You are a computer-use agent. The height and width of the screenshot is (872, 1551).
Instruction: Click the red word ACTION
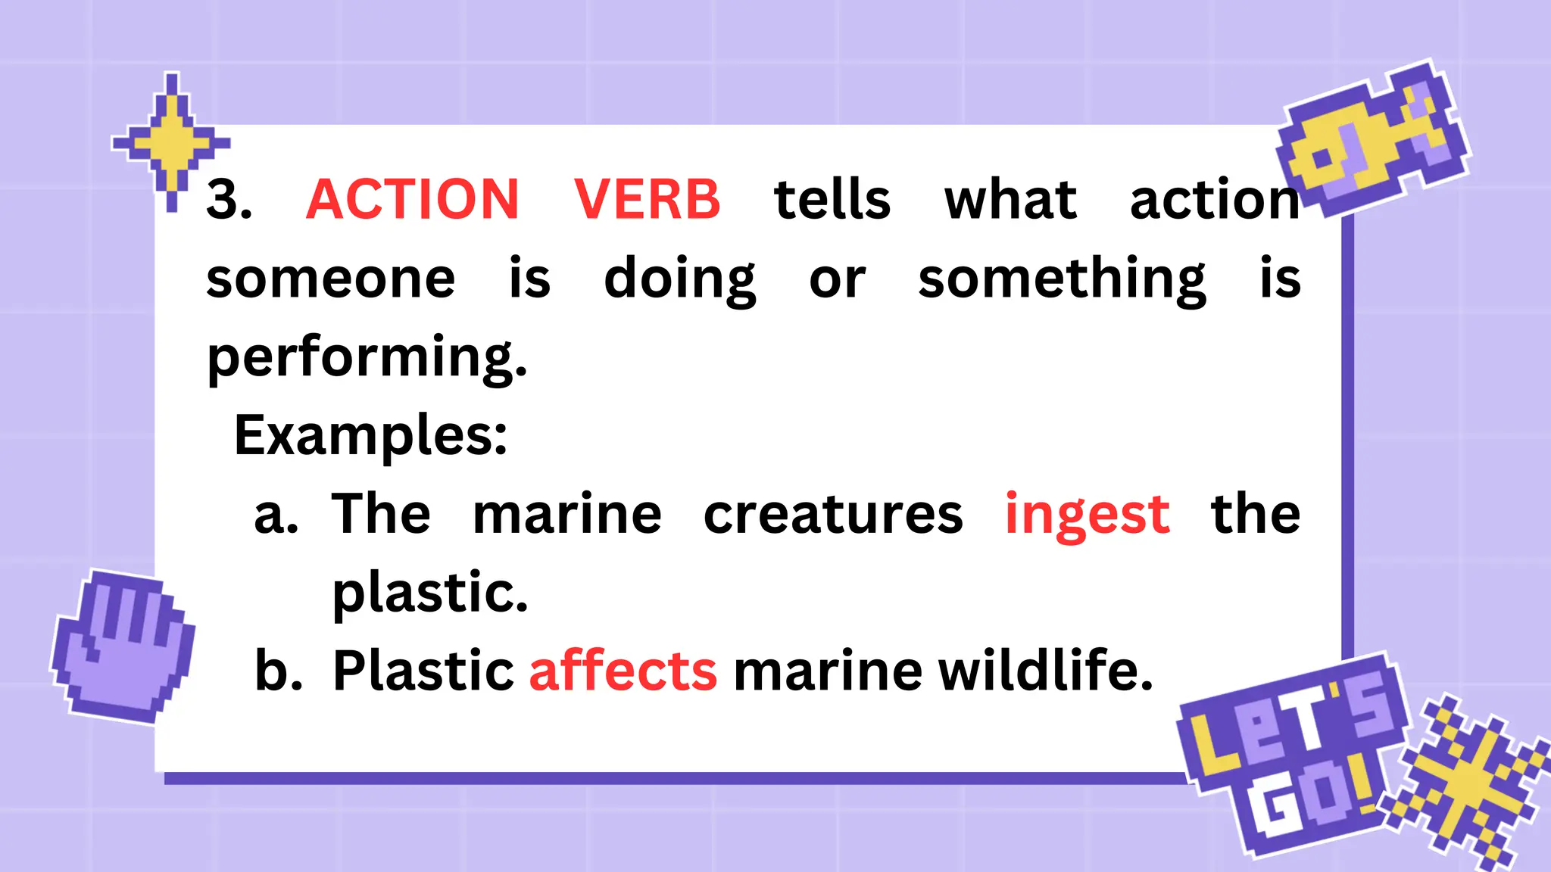pyautogui.click(x=413, y=200)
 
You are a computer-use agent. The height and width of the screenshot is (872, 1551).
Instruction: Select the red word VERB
pyautogui.click(x=647, y=200)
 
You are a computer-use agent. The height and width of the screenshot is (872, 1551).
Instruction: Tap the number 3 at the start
pyautogui.click(x=228, y=200)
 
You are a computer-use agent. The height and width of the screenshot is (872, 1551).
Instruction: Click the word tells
pyautogui.click(x=832, y=200)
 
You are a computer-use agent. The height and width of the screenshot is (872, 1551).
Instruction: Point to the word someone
pyautogui.click(x=331, y=279)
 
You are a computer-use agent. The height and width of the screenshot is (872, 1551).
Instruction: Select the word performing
pyautogui.click(x=367, y=357)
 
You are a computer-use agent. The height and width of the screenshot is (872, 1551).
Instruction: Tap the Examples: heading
pyautogui.click(x=370, y=436)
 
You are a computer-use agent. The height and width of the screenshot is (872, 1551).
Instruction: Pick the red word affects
pyautogui.click(x=623, y=671)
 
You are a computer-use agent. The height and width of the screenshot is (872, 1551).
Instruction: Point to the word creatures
pyautogui.click(x=833, y=515)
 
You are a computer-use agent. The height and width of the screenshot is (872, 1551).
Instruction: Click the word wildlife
pyautogui.click(x=1045, y=671)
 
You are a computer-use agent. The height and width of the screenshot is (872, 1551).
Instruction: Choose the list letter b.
pyautogui.click(x=277, y=671)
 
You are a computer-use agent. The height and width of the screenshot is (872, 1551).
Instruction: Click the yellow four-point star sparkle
pyautogui.click(x=172, y=142)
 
